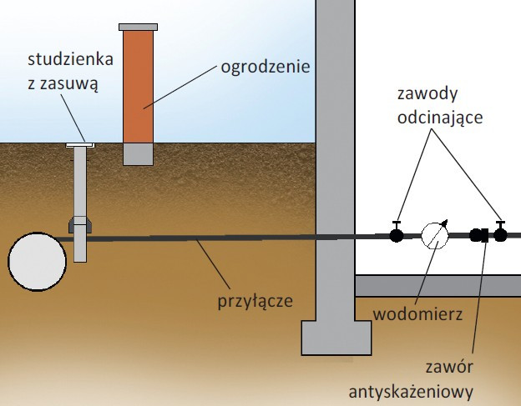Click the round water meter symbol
[434, 235]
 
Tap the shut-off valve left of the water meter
[397, 234]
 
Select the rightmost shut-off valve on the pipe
[500, 234]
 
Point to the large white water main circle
[37, 261]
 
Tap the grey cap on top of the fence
[138, 27]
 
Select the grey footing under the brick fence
[138, 153]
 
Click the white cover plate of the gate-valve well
[80, 146]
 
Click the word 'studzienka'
[73, 60]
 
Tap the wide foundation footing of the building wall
[335, 338]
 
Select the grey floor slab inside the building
[438, 286]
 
